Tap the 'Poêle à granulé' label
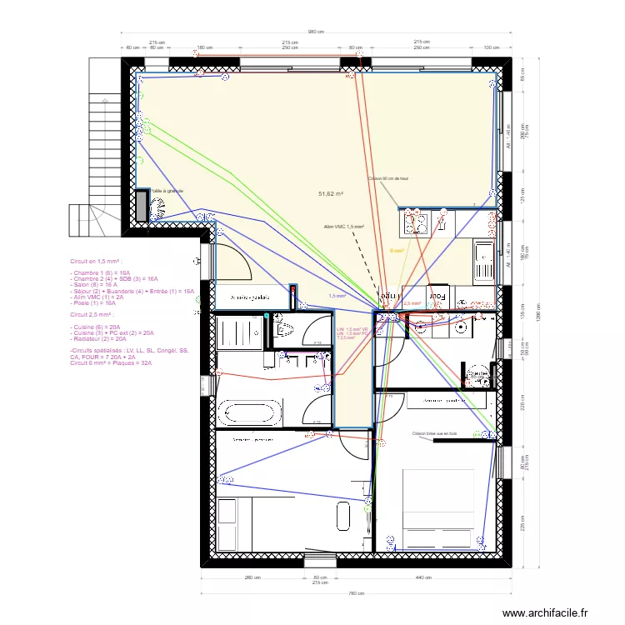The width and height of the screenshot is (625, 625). click(167, 191)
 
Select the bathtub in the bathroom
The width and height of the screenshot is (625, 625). click(250, 412)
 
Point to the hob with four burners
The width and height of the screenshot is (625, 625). click(416, 222)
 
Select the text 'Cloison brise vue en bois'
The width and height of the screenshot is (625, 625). click(435, 434)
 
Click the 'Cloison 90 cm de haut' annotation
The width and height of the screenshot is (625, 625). click(388, 178)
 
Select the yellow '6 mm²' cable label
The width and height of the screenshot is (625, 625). click(397, 250)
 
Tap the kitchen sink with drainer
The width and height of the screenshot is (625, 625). click(482, 258)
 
